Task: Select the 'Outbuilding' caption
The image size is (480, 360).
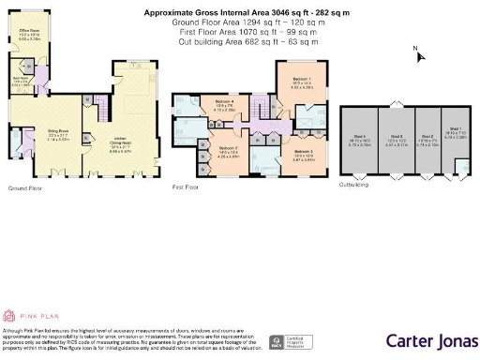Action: [x=354, y=185]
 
